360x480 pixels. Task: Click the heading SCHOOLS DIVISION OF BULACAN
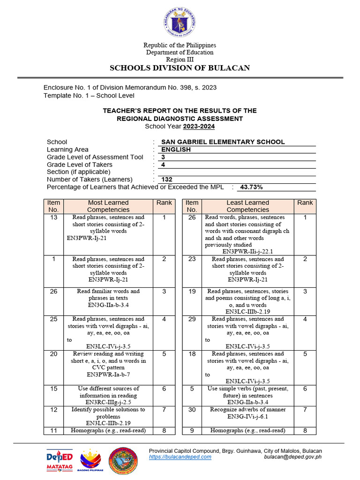pyautogui.click(x=180, y=68)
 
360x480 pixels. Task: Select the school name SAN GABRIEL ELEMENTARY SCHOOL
pyautogui.click(x=223, y=142)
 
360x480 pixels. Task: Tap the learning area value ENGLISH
pyautogui.click(x=176, y=150)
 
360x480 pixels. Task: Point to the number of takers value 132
pyautogui.click(x=166, y=180)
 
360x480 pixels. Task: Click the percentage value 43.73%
pyautogui.click(x=251, y=187)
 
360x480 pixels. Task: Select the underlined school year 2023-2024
pyautogui.click(x=199, y=127)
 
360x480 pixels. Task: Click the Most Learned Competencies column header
pyautogui.click(x=108, y=206)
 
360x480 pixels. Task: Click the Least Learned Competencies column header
pyautogui.click(x=248, y=206)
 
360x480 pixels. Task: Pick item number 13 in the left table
pyautogui.click(x=53, y=217)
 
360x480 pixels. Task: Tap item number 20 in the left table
pyautogui.click(x=53, y=354)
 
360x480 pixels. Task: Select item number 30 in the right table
pyautogui.click(x=192, y=410)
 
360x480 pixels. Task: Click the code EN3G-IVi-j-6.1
pyautogui.click(x=248, y=416)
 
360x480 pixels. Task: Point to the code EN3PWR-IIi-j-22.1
pyautogui.click(x=248, y=251)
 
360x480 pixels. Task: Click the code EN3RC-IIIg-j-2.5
pyautogui.click(x=108, y=402)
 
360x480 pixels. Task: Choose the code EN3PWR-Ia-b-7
pyautogui.click(x=108, y=375)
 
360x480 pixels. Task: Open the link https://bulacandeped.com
pyautogui.click(x=180, y=457)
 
